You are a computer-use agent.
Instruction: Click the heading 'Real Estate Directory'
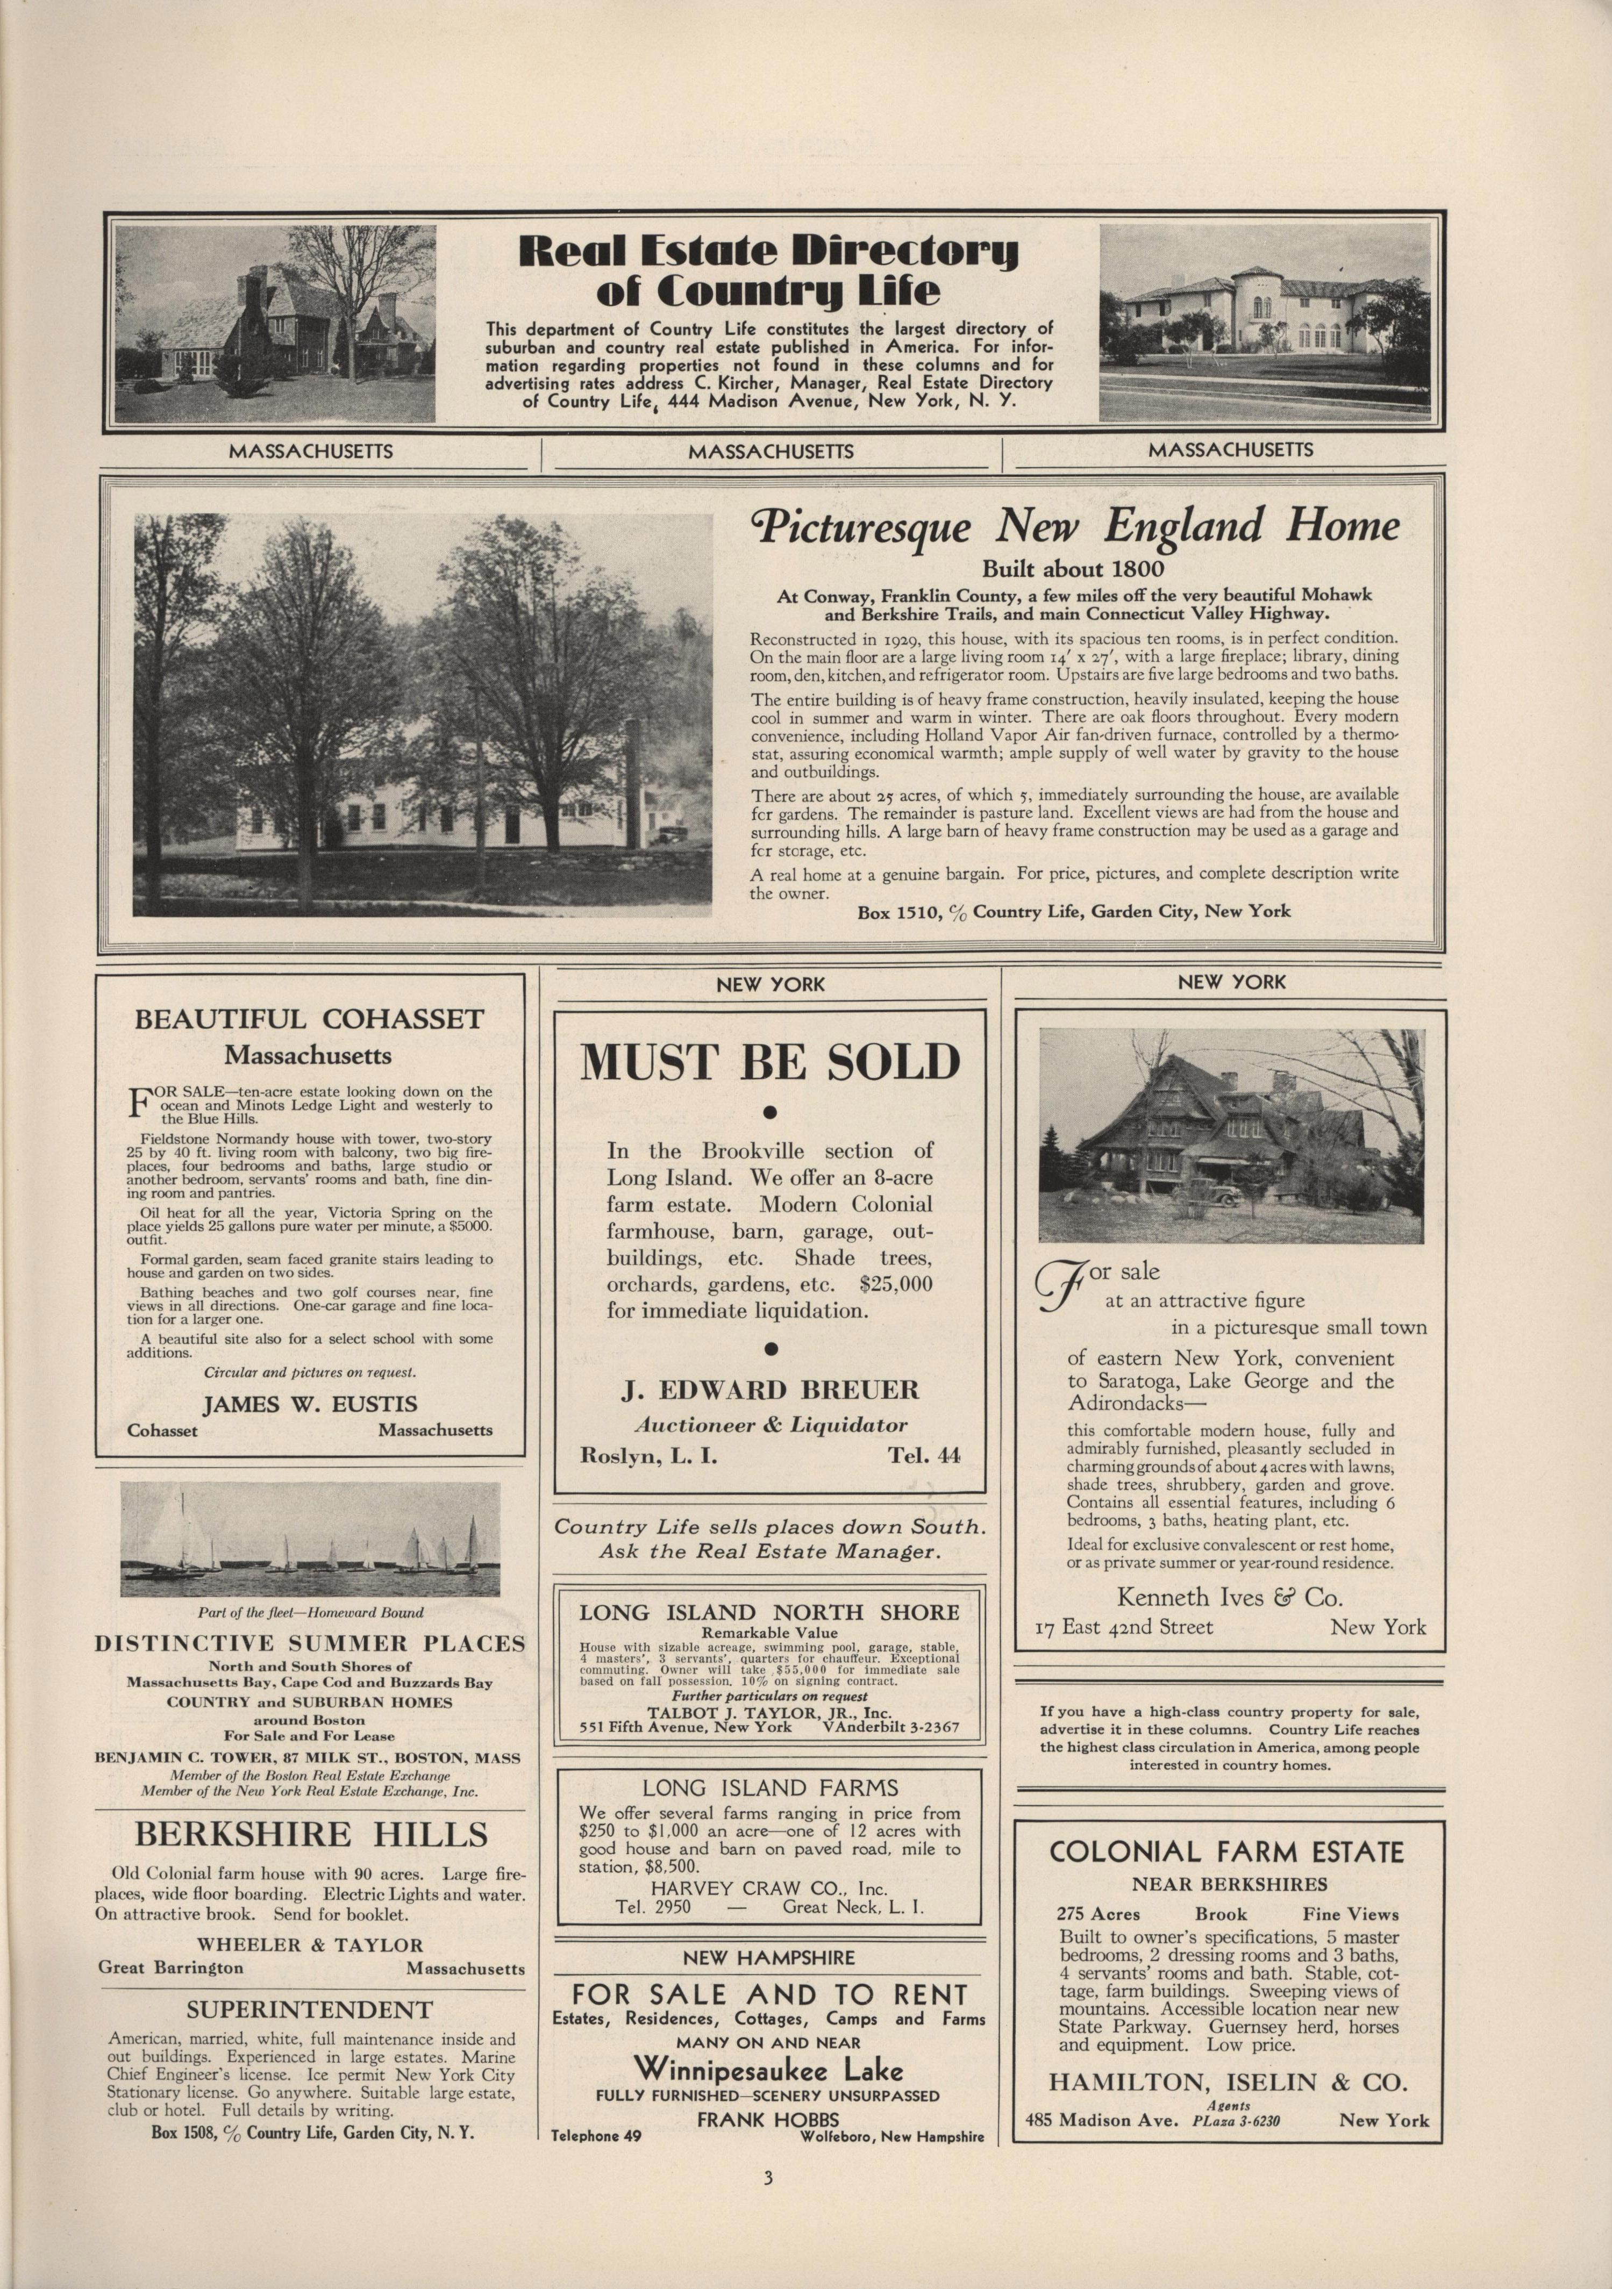[x=768, y=251]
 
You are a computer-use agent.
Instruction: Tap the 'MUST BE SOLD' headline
[x=769, y=1063]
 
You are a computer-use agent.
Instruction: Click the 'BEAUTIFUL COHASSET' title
[x=309, y=1019]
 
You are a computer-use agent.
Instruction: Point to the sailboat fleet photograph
[x=309, y=1539]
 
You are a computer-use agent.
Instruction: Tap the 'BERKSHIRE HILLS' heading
[x=311, y=1834]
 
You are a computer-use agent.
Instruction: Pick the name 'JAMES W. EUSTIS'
[x=310, y=1405]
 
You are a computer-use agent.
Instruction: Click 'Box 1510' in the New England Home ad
[x=892, y=911]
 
